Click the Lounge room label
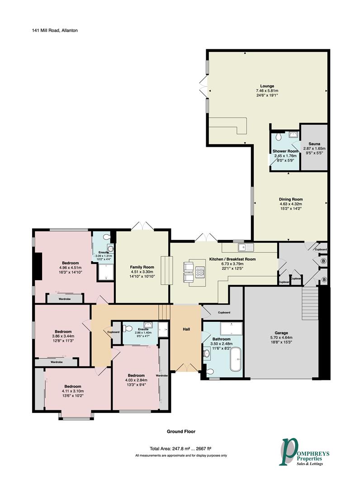tap(267, 86)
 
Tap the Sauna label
tap(314, 144)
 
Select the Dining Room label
tap(290, 199)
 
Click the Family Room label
tap(142, 267)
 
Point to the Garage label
tap(281, 333)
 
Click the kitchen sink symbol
tap(246, 248)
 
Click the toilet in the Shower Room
tap(279, 136)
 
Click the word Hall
tap(186, 329)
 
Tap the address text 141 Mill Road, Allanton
tap(55, 31)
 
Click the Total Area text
tap(180, 449)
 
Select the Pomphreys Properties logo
tap(304, 451)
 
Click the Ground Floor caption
tap(181, 432)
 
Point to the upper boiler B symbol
tap(323, 261)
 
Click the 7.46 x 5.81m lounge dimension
tap(267, 91)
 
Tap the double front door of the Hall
tap(186, 367)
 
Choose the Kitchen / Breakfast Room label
tap(232, 259)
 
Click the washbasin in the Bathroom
tap(207, 353)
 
